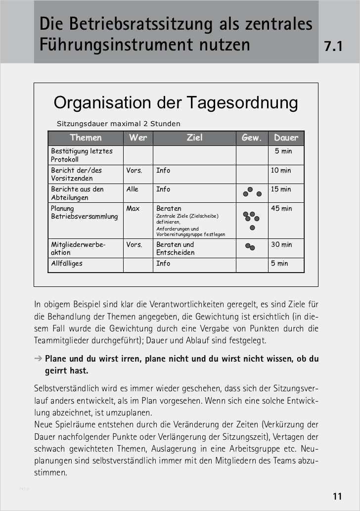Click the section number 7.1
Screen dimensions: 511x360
coord(333,47)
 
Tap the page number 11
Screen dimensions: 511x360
coord(337,496)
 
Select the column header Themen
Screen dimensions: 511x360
coord(86,138)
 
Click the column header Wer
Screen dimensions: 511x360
coord(137,138)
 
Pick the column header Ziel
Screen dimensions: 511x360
coord(194,138)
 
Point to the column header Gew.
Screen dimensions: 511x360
coord(251,138)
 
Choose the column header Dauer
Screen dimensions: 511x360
coord(286,138)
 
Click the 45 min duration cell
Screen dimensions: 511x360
coord(281,209)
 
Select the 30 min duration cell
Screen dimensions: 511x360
coord(281,244)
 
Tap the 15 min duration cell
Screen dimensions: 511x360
coord(281,189)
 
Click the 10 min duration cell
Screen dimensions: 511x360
coord(281,171)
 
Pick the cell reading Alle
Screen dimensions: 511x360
coord(133,189)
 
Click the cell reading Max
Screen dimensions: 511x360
coord(133,209)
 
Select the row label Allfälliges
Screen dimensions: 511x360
coord(67,264)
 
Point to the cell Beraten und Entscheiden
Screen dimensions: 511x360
coord(176,248)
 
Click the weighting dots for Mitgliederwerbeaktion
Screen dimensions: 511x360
coord(250,246)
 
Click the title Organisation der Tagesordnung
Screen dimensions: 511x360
coord(176,102)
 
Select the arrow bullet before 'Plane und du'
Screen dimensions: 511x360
coord(38,359)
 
